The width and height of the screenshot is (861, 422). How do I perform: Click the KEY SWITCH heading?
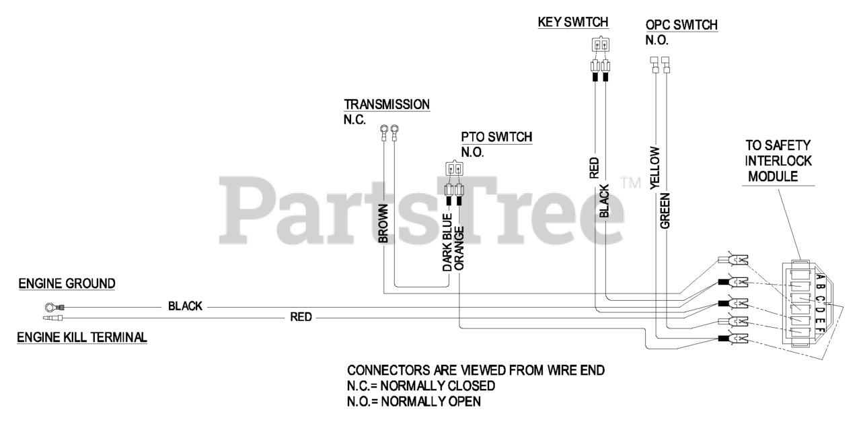click(x=573, y=22)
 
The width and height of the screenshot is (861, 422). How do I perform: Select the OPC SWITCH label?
click(x=681, y=25)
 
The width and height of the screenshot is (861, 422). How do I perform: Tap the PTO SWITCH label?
click(x=496, y=137)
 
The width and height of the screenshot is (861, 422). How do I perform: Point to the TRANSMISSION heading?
click(x=387, y=104)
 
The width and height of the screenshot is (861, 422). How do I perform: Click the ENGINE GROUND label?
click(x=67, y=284)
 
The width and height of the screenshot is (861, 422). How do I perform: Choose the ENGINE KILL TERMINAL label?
click(x=81, y=337)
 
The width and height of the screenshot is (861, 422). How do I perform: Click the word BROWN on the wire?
click(x=383, y=222)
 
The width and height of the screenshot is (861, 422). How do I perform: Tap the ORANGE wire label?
click(x=459, y=247)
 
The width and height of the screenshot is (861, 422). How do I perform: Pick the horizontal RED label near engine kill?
click(x=301, y=316)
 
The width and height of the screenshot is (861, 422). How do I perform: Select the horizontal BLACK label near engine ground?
click(x=185, y=306)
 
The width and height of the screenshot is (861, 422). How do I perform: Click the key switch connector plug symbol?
click(x=600, y=46)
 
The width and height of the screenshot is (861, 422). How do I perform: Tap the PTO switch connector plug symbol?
click(x=453, y=168)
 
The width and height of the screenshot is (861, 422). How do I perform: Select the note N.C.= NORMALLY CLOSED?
click(x=421, y=386)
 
